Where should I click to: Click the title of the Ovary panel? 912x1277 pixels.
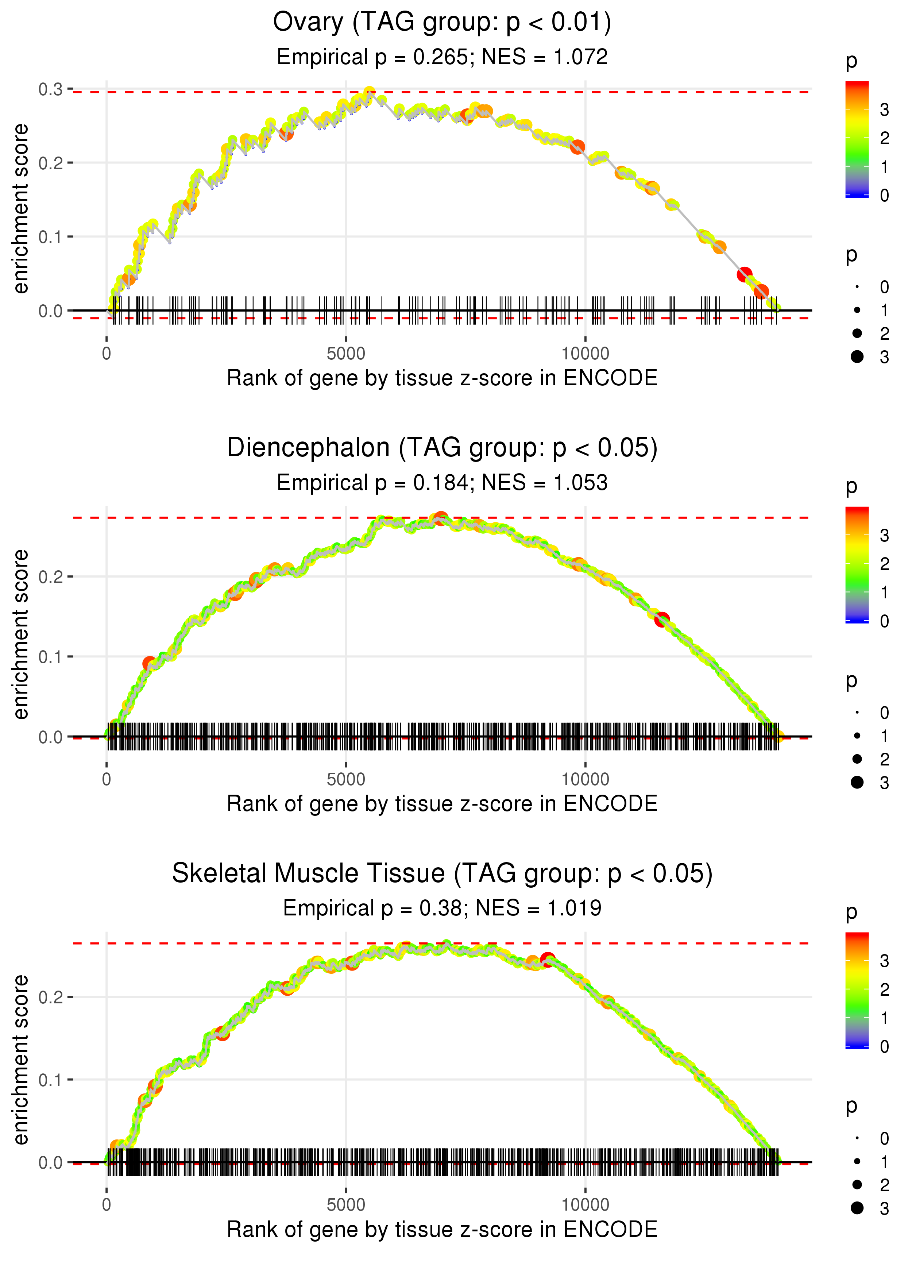(442, 23)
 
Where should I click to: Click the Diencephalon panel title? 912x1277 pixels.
(442, 448)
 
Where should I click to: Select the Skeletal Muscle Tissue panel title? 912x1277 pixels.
(442, 873)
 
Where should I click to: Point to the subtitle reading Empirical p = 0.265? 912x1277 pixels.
(442, 57)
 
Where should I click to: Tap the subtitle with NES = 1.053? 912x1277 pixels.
(442, 483)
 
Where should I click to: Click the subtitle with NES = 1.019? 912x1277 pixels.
(442, 908)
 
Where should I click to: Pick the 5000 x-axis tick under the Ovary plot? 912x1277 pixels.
(346, 354)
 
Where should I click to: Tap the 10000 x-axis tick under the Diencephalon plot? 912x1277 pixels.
(585, 779)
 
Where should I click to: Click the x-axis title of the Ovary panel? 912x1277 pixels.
(442, 378)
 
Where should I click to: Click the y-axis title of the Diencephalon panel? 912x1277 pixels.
(21, 634)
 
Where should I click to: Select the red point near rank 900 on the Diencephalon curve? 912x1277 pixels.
(149, 664)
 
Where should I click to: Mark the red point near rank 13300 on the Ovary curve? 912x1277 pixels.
(745, 275)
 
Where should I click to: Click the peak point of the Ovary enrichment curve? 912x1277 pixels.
(369, 92)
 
